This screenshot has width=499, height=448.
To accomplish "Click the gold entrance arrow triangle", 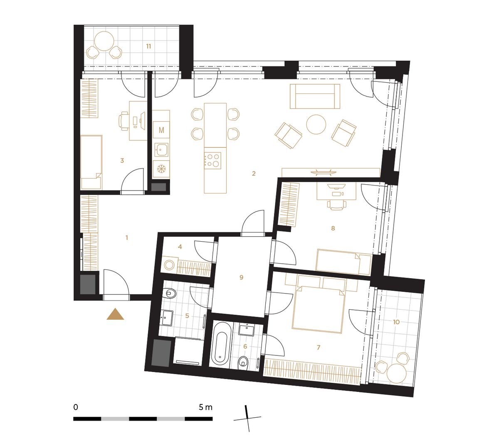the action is click(115, 314).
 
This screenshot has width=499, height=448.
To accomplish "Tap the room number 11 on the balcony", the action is click(148, 46).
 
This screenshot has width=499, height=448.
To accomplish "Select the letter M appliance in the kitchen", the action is click(161, 130).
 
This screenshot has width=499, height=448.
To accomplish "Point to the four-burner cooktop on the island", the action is click(212, 161).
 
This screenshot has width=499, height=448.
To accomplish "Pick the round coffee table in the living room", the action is click(316, 124).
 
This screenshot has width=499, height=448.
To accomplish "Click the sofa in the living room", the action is click(315, 96).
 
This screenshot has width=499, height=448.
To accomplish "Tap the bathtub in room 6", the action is click(221, 344).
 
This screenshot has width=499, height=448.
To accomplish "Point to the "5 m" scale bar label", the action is click(205, 407).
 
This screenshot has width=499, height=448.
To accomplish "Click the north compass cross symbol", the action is click(247, 419).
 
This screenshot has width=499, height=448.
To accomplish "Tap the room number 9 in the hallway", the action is click(241, 277).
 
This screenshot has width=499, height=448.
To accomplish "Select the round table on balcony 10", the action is click(397, 373).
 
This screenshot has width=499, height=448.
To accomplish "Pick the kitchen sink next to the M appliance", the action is click(161, 150).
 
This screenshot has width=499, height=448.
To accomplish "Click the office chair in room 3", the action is click(124, 121).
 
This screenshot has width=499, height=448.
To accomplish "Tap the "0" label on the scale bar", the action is click(76, 407).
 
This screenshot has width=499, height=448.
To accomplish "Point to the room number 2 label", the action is click(254, 174).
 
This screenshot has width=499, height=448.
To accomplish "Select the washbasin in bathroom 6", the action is click(246, 330).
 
